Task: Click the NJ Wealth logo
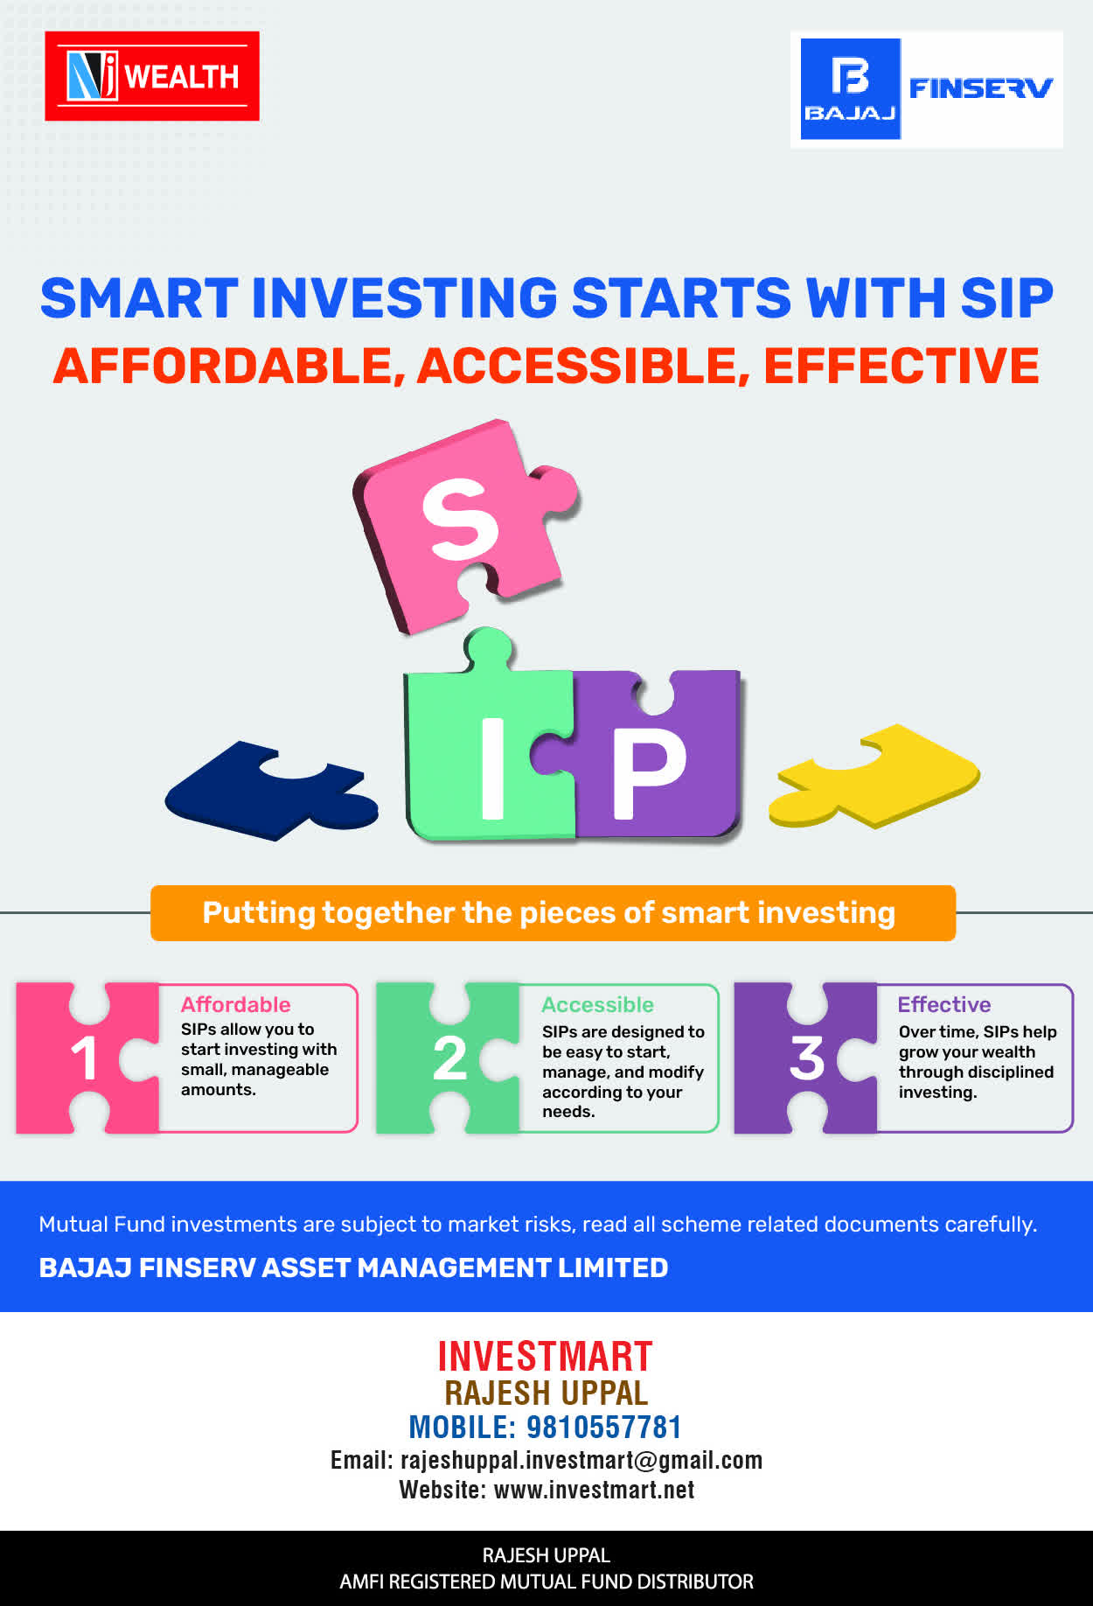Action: pyautogui.click(x=152, y=76)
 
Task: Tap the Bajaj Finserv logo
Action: pyautogui.click(x=927, y=89)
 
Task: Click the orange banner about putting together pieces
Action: pyautogui.click(x=553, y=913)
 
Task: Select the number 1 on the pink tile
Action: pyautogui.click(x=84, y=1058)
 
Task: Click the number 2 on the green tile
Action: pyautogui.click(x=449, y=1058)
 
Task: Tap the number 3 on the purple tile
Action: pyautogui.click(x=807, y=1058)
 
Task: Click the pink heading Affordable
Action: pyautogui.click(x=235, y=1004)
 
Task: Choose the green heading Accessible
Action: pyautogui.click(x=597, y=1004)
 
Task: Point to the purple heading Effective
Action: pyautogui.click(x=944, y=1004)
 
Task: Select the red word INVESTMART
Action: pyautogui.click(x=545, y=1357)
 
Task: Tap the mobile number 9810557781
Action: pyautogui.click(x=603, y=1428)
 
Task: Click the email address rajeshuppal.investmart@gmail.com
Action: pyautogui.click(x=581, y=1460)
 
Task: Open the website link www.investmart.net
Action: pyautogui.click(x=595, y=1490)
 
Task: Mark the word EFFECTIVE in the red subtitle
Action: pyautogui.click(x=902, y=366)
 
